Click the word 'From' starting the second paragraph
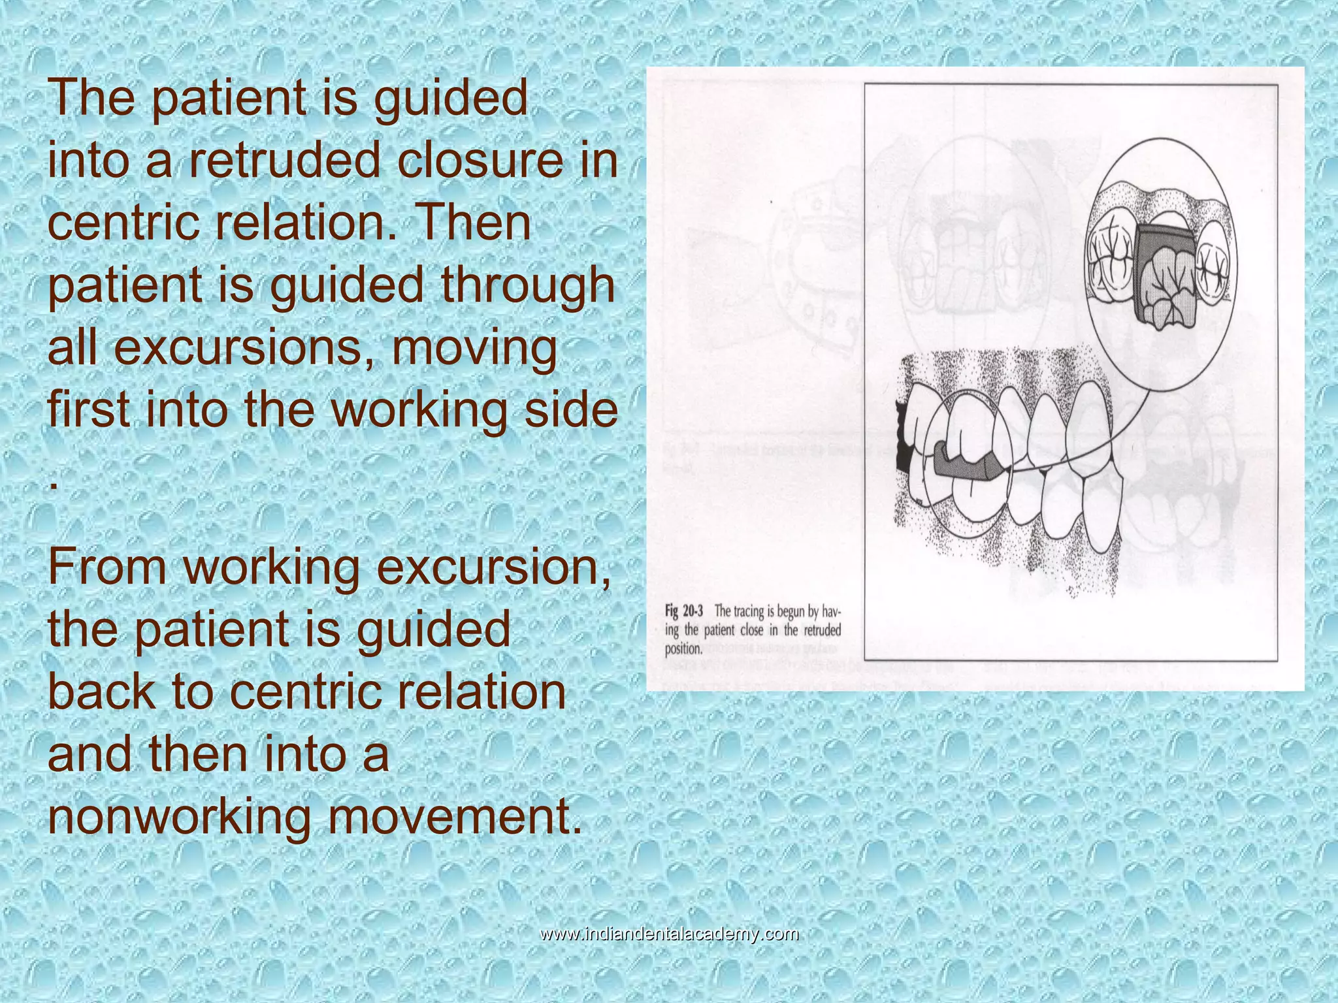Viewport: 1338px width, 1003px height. coord(107,567)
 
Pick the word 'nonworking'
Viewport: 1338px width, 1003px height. coord(179,816)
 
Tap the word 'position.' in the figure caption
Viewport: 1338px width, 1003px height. coord(683,649)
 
